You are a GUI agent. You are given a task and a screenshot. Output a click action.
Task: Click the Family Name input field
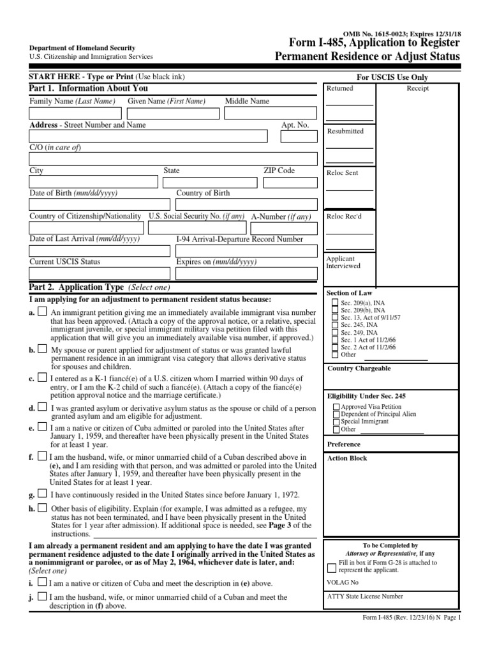coord(75,113)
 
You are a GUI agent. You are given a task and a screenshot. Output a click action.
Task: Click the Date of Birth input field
coord(100,204)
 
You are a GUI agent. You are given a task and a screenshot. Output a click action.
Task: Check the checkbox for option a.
coord(41,312)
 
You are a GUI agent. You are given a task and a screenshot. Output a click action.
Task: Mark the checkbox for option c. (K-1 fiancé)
coord(41,378)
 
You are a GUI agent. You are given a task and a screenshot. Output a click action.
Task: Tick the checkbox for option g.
coord(41,493)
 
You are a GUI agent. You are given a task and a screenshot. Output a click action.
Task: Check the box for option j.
coord(41,597)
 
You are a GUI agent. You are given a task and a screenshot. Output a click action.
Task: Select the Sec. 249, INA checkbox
coord(335,332)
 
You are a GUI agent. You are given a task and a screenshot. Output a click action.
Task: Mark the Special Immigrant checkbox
coord(336,422)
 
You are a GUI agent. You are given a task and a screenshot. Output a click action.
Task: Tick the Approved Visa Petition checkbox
coord(336,406)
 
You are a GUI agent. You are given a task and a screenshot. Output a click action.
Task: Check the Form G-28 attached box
coord(332,567)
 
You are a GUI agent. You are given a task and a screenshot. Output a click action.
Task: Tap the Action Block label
coord(346,458)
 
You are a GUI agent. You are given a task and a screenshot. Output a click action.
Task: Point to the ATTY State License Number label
coord(364,597)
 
